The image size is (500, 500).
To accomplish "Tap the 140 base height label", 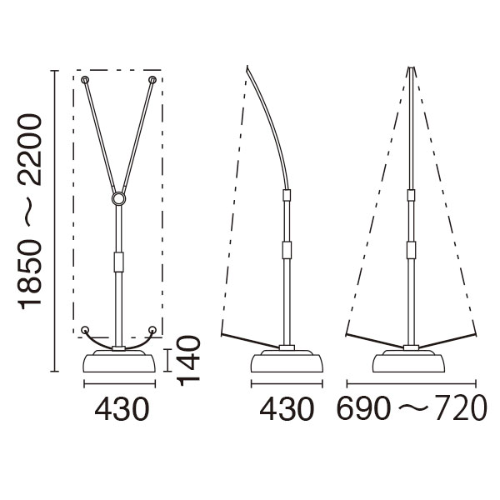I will pyautogui.click(x=190, y=358).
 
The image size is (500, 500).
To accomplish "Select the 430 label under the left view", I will pyautogui.click(x=121, y=409).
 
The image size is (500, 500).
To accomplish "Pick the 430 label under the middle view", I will pyautogui.click(x=287, y=409).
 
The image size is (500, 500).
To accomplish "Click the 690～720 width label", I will pyautogui.click(x=411, y=409).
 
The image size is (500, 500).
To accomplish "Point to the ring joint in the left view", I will pyautogui.click(x=119, y=199).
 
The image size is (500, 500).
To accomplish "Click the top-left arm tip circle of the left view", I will pyautogui.click(x=85, y=80).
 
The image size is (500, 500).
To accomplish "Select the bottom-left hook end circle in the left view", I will pyautogui.click(x=86, y=330).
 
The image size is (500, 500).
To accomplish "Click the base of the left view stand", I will pyautogui.click(x=120, y=362).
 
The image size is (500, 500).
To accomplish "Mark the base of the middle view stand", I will pyautogui.click(x=287, y=362).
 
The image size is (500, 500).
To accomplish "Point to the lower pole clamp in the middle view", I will pyautogui.click(x=287, y=250).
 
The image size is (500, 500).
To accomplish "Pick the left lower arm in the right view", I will pyautogui.click(x=375, y=341).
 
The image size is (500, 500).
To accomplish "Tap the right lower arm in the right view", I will pyautogui.click(x=446, y=341).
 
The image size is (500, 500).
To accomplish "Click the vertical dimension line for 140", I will pyautogui.click(x=171, y=360).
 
